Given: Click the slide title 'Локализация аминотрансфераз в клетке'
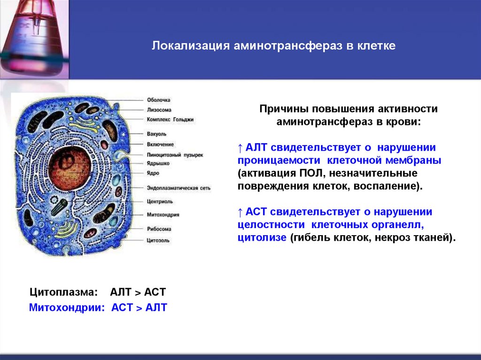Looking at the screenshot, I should [273, 46].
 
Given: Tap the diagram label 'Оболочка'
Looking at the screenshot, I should [158, 100].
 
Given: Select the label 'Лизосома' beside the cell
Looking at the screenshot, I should [159, 110].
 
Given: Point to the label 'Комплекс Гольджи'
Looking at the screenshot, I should [170, 120].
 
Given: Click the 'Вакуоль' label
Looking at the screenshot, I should [157, 134].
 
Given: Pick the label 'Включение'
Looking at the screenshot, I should [160, 144].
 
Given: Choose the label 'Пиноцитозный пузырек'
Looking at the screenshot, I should [175, 154].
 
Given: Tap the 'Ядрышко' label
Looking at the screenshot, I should [158, 163].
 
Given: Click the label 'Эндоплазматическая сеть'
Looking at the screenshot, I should [178, 188].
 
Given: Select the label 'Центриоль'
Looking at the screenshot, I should [160, 201].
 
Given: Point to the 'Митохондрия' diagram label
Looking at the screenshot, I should [163, 214].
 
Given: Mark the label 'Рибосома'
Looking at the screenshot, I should [159, 229].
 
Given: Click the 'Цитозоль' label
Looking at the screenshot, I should [158, 240].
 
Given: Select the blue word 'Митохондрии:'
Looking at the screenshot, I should [66, 308].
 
